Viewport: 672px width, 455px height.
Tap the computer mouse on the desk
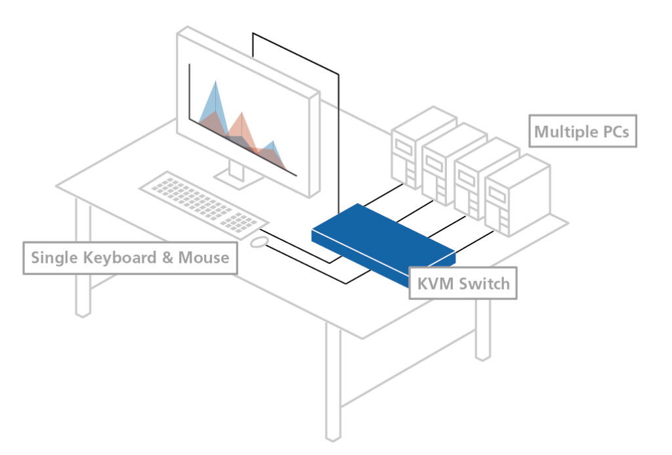259,242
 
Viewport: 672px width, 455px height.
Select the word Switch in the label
484,284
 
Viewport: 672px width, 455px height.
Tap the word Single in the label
54,258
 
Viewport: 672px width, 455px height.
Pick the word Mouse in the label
204,258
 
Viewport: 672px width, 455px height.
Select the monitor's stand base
236,179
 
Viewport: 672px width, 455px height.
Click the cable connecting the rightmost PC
474,240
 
